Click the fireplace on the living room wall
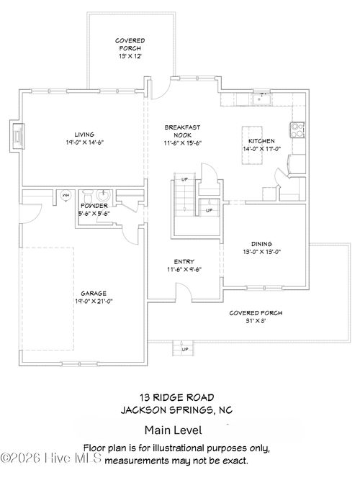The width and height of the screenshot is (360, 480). click(17, 136)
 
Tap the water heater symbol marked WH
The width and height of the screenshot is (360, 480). click(66, 194)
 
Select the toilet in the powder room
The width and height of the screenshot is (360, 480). click(86, 195)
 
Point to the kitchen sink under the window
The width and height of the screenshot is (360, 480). click(263, 98)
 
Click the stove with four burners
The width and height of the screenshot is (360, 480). click(297, 130)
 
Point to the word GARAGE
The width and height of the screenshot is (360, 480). click(94, 293)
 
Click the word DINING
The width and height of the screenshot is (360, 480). click(261, 243)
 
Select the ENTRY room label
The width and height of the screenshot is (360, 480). click(184, 261)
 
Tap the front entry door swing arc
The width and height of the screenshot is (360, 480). click(184, 289)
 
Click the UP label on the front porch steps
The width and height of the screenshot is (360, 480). click(185, 349)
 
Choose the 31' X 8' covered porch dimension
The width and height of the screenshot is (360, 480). click(256, 322)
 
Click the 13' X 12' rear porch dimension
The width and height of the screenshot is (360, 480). click(130, 55)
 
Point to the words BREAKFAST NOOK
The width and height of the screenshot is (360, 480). click(183, 131)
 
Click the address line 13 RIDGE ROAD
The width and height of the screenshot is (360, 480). click(176, 397)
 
